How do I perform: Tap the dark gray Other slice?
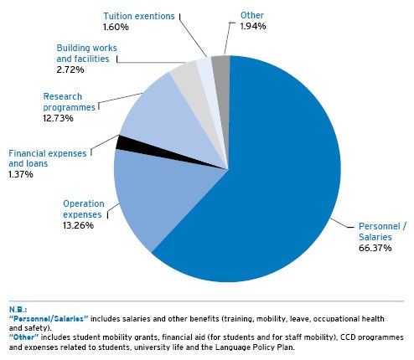point(223,84)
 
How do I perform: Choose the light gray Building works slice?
point(193,90)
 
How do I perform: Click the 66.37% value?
point(375,248)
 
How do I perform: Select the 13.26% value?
point(78,225)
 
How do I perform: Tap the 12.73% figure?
point(58,118)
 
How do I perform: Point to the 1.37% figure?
point(21,174)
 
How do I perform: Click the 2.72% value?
point(70,69)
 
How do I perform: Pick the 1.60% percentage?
point(116,27)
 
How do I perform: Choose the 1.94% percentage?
point(253,26)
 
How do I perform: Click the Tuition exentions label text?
point(139,16)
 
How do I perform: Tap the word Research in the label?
point(63,96)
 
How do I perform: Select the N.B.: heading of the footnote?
point(18,310)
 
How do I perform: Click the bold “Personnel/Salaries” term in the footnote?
point(49,319)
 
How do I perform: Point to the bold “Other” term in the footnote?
point(23,337)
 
